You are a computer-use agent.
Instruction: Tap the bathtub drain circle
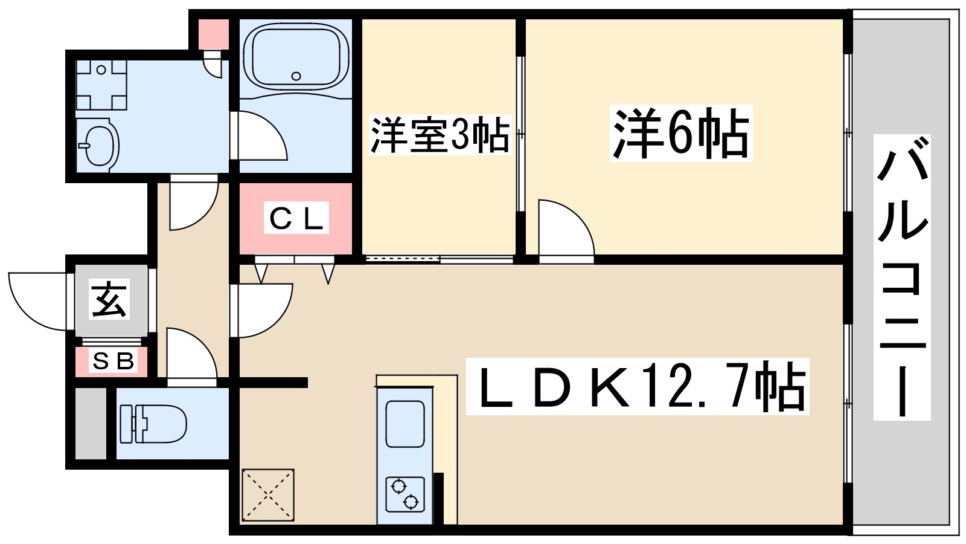(296, 76)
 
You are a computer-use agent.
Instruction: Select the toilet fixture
(153, 423)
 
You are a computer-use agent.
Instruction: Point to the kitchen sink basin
(405, 424)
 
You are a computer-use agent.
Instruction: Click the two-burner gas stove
(405, 494)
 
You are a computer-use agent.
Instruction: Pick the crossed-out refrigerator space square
(268, 495)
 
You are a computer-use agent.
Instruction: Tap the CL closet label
(296, 218)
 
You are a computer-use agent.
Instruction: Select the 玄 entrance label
(110, 300)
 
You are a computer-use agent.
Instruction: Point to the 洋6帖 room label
(680, 134)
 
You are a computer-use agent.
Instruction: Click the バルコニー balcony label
(902, 278)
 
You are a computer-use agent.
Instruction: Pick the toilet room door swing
(190, 357)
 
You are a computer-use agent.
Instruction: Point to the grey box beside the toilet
(91, 423)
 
